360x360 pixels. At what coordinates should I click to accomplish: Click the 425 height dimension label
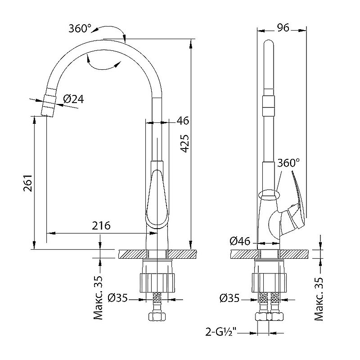click(x=185, y=144)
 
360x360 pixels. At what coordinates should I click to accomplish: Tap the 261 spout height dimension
click(x=28, y=183)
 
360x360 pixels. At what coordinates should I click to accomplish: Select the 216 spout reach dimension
click(x=101, y=225)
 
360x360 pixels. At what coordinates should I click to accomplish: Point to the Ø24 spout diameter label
click(x=73, y=99)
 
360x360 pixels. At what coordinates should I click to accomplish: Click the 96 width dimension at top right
click(x=283, y=28)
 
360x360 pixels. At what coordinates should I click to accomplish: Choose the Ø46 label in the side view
click(x=240, y=241)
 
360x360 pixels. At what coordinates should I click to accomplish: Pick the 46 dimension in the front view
click(x=183, y=121)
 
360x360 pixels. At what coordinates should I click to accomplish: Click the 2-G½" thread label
click(x=221, y=332)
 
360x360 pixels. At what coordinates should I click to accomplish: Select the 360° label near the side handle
click(x=288, y=163)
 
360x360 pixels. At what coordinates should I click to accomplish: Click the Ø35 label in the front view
click(x=117, y=298)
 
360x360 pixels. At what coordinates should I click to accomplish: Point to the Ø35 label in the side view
click(x=229, y=298)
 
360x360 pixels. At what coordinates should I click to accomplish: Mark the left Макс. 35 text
click(x=98, y=298)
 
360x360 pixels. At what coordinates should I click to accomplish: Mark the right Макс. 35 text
click(x=319, y=299)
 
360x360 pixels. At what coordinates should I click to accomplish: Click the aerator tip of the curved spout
click(x=49, y=102)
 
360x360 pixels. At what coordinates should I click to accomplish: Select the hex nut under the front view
click(x=157, y=316)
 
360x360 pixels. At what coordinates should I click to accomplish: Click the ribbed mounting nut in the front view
click(x=157, y=283)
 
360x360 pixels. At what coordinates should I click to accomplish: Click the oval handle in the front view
click(x=157, y=199)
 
